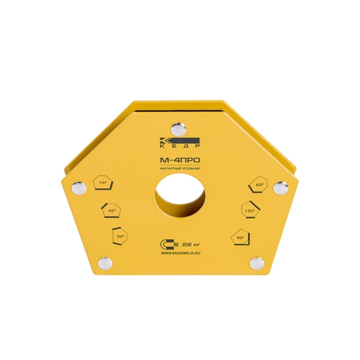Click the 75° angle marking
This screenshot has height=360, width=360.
click(103, 183)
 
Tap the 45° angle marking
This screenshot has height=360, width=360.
click(111, 210)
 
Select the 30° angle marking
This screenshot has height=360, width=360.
click(119, 236)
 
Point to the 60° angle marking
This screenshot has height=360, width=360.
click(258, 184)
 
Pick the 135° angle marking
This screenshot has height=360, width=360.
click(251, 210)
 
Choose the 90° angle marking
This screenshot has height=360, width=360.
click(241, 237)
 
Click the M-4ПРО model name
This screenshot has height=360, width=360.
click(180, 161)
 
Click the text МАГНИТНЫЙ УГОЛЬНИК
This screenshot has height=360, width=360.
click(180, 168)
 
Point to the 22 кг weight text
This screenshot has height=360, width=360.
click(191, 244)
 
